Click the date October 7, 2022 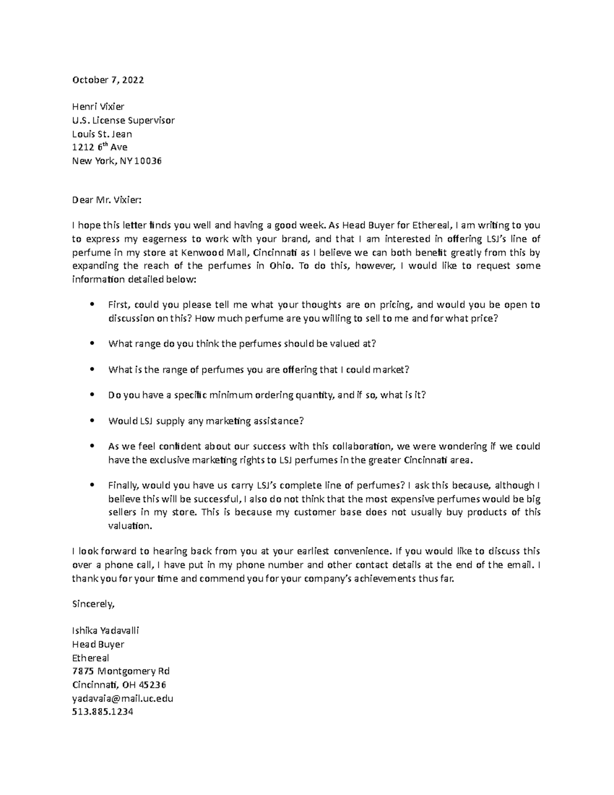click(x=108, y=80)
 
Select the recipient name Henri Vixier click(x=98, y=106)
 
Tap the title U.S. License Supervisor click(x=123, y=120)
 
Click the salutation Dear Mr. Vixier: click(x=105, y=200)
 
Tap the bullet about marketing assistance click(x=206, y=421)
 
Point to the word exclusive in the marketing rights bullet click(x=169, y=460)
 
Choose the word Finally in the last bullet click(x=123, y=485)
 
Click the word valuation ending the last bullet click(x=130, y=526)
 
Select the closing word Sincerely click(x=94, y=604)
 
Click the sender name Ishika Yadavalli click(x=105, y=630)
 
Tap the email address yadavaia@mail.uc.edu click(x=123, y=698)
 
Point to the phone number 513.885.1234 click(x=102, y=712)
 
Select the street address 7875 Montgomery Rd click(x=121, y=671)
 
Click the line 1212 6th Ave click(x=99, y=147)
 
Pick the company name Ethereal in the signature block click(x=91, y=658)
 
